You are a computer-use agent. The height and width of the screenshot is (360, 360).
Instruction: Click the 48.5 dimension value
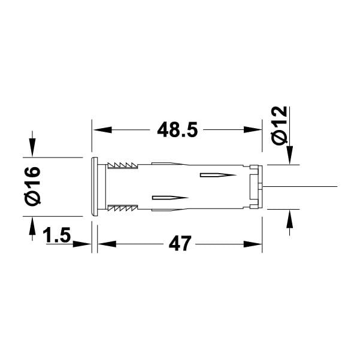click(177, 130)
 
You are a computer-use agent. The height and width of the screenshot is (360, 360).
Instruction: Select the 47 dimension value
click(180, 243)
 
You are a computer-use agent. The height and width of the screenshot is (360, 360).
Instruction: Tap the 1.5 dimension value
click(57, 235)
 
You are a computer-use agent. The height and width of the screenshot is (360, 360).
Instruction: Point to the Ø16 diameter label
click(32, 186)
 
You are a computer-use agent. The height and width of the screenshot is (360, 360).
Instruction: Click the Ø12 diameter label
click(279, 125)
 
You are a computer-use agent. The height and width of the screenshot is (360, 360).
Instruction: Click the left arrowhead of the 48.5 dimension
click(102, 130)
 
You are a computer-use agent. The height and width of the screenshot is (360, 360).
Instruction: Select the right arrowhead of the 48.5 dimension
click(253, 130)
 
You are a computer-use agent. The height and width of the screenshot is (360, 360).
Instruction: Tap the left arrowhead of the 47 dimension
click(107, 244)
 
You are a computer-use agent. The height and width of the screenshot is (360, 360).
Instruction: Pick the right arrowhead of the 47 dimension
click(253, 244)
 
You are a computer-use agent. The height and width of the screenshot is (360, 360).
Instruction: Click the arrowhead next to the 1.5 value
click(82, 244)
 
